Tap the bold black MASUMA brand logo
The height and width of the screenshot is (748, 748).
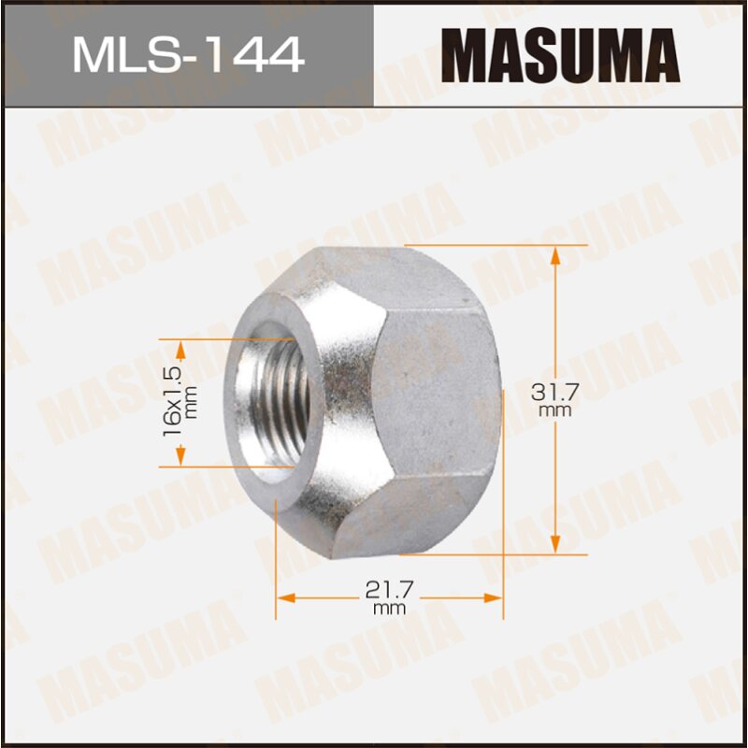coord(560,54)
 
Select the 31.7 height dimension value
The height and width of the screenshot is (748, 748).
coord(554,392)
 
